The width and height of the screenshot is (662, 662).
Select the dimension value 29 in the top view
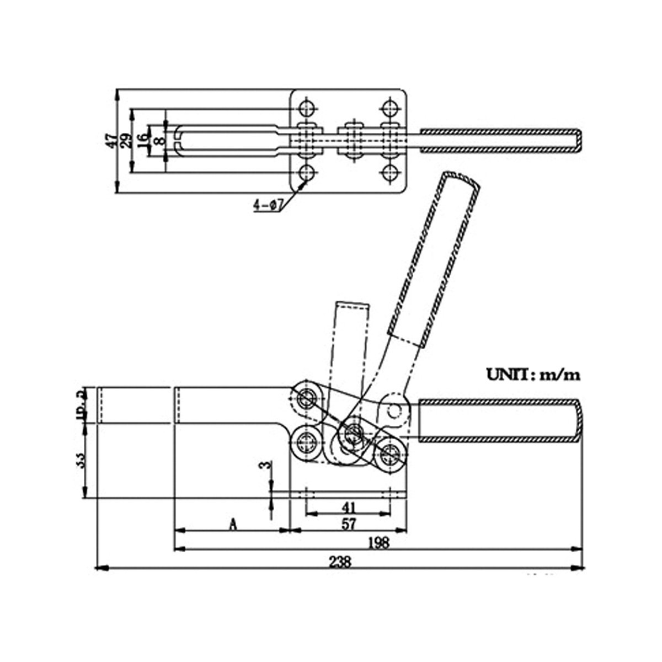(x=126, y=141)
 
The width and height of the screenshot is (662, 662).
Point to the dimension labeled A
(x=233, y=524)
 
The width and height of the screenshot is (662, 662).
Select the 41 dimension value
(x=348, y=506)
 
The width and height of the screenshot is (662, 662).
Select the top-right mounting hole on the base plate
(x=392, y=106)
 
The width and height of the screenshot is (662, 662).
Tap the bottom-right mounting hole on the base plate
(x=392, y=174)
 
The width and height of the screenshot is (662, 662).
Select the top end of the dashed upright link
(x=351, y=305)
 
